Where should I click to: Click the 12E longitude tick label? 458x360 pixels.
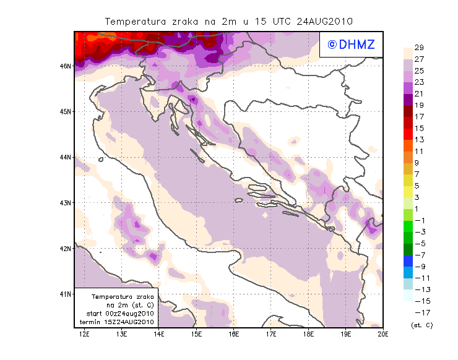(x=85, y=334)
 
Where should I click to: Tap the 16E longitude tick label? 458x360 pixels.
(x=234, y=334)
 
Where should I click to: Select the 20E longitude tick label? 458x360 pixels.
(x=383, y=334)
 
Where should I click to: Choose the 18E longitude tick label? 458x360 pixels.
(x=308, y=334)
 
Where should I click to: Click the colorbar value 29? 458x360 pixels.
(x=419, y=48)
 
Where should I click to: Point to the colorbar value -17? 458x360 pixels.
(x=419, y=312)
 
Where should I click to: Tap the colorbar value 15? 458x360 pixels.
(x=419, y=128)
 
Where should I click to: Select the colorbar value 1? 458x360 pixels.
(x=419, y=208)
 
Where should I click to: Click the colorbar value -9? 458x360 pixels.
(x=419, y=266)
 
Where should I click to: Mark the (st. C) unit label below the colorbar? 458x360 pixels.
(x=421, y=325)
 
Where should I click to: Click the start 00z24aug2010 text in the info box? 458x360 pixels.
(x=119, y=314)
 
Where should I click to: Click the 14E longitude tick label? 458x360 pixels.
(x=159, y=334)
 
